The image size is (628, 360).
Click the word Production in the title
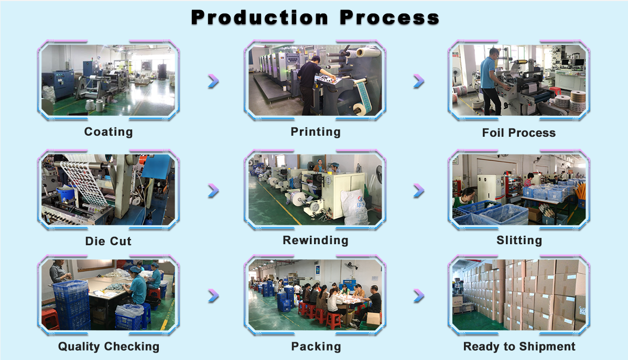click(259, 18)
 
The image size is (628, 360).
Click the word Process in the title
click(389, 18)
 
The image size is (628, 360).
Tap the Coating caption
click(109, 132)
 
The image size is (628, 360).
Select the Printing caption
click(316, 132)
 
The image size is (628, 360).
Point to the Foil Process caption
click(518, 133)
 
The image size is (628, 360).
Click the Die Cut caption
click(108, 241)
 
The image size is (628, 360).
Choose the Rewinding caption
click(316, 241)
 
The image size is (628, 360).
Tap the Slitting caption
click(519, 241)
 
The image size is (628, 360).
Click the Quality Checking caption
click(109, 346)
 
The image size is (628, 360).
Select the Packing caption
click(316, 346)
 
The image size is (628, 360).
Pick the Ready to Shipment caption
click(519, 346)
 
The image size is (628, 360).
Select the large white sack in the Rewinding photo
click(355, 206)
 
